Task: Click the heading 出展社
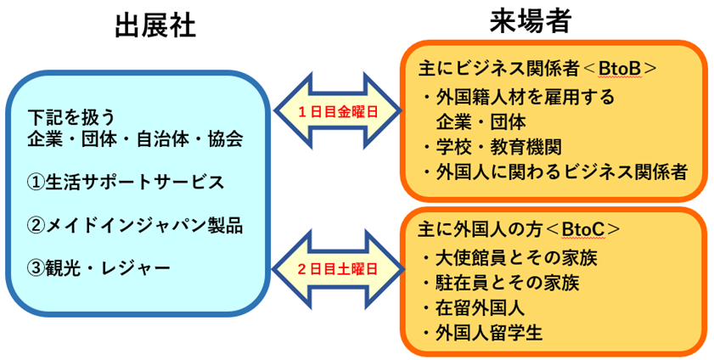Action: tap(155, 27)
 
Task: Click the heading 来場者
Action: tap(529, 23)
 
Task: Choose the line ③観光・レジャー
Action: tap(98, 268)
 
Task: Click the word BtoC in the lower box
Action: tap(585, 229)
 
